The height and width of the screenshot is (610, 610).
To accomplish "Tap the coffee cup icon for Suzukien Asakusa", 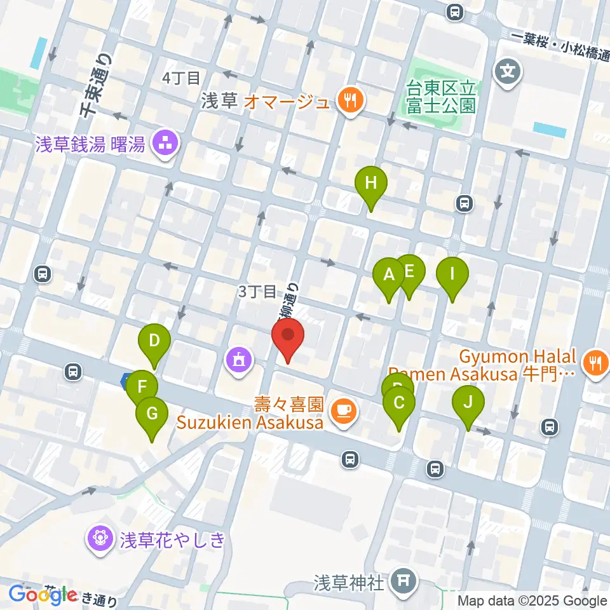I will pos(344,412).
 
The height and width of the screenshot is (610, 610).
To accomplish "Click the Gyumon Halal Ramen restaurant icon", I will pos(595,364).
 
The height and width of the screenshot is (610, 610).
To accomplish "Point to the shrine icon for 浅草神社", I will pos(402,581).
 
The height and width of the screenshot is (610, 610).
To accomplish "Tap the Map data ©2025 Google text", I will pos(532,600).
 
